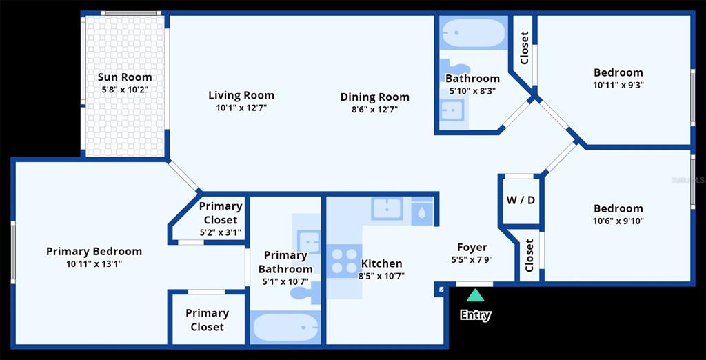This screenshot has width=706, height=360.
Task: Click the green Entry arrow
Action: click(x=475, y=296)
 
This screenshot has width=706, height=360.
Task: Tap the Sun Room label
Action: click(x=125, y=77)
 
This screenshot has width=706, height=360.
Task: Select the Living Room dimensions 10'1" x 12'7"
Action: click(x=241, y=108)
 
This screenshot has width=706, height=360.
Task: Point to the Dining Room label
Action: click(x=374, y=97)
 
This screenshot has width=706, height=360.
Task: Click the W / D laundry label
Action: click(x=522, y=200)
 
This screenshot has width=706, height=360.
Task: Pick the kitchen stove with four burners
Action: click(x=345, y=261)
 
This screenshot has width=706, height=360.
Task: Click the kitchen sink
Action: click(x=387, y=208)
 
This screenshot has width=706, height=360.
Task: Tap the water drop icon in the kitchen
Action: click(x=422, y=211)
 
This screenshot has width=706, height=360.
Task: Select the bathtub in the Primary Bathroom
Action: click(x=285, y=328)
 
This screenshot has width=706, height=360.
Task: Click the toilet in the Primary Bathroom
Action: click(x=305, y=293)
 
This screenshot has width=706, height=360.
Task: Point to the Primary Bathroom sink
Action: click(x=310, y=241)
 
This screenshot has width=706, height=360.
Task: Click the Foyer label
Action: click(x=472, y=248)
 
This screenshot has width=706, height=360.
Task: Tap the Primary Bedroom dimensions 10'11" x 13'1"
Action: click(x=94, y=263)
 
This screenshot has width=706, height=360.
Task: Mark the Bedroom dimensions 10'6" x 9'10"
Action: click(x=618, y=221)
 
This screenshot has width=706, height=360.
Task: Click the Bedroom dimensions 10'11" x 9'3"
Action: click(x=618, y=85)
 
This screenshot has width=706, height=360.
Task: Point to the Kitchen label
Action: click(x=382, y=263)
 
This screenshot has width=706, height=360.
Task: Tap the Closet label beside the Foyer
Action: click(x=529, y=255)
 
